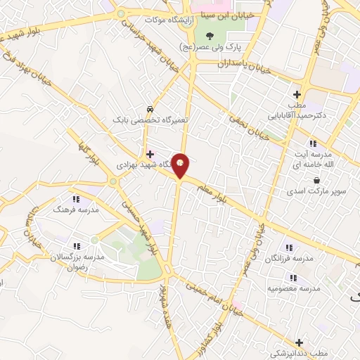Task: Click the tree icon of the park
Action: [208, 34]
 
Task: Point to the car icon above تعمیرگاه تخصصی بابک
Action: [150, 109]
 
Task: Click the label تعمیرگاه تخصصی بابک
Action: [151, 120]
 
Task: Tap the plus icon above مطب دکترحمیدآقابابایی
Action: [297, 94]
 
